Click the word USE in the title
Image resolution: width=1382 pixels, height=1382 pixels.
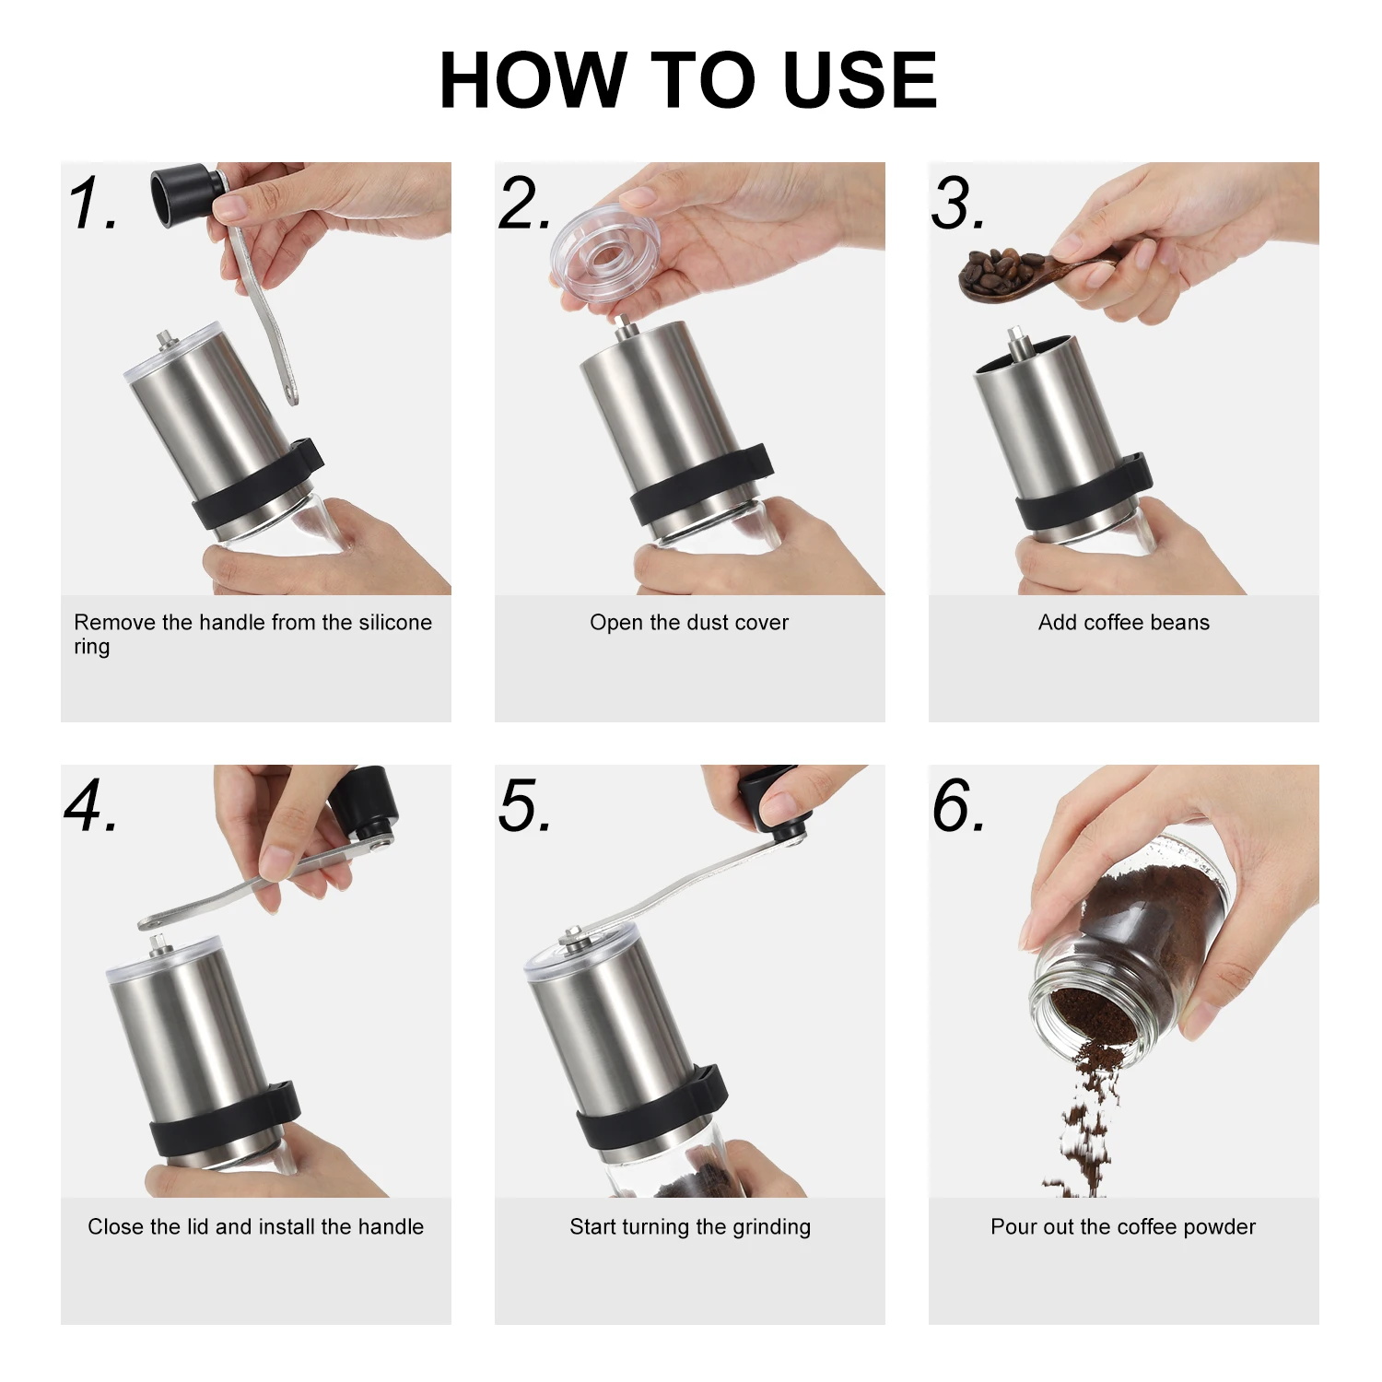coord(859,81)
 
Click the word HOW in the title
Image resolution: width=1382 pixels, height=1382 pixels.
coord(533,81)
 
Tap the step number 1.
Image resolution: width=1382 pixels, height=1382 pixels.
coord(92,204)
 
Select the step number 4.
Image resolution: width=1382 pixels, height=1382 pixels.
coord(90,806)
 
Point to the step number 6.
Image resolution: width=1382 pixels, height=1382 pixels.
coord(958,806)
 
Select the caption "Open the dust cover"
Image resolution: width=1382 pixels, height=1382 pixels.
coord(689,623)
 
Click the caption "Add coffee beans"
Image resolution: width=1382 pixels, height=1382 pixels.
coord(1123,623)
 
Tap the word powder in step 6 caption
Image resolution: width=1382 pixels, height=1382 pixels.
coord(1219,1227)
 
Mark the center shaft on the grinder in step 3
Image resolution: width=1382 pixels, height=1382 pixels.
coord(1017,344)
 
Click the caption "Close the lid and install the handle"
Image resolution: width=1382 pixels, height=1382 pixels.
coord(255,1227)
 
